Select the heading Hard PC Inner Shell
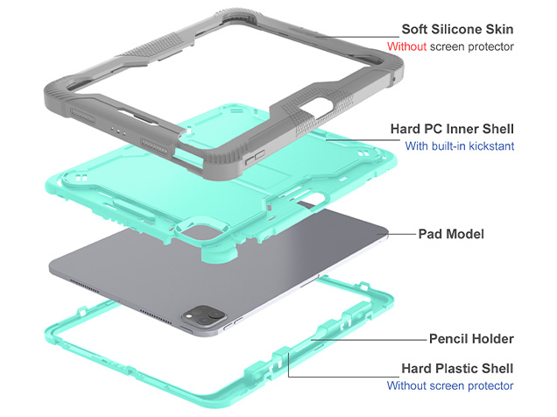click(452, 129)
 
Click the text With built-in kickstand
click(459, 146)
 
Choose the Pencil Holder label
click(471, 338)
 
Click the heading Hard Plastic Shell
click(457, 368)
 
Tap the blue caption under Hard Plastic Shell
click(450, 385)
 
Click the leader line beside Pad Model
click(403, 235)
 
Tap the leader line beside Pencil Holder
click(368, 338)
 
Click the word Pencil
click(449, 338)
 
